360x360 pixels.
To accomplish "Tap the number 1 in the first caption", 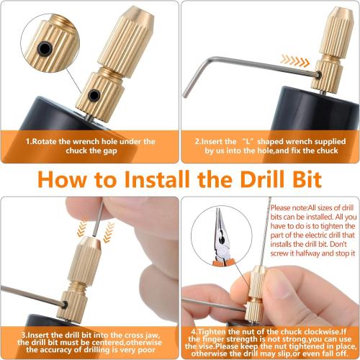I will (27, 142).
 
